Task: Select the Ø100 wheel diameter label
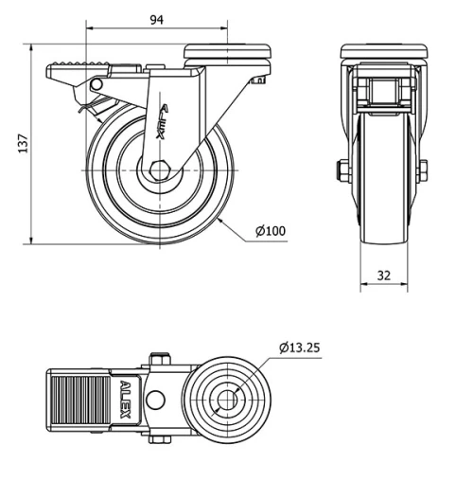click(270, 231)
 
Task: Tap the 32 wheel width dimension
click(384, 276)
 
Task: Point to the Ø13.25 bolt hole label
click(300, 347)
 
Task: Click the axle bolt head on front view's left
click(339, 171)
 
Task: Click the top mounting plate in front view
click(384, 49)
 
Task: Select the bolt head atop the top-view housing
click(157, 360)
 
